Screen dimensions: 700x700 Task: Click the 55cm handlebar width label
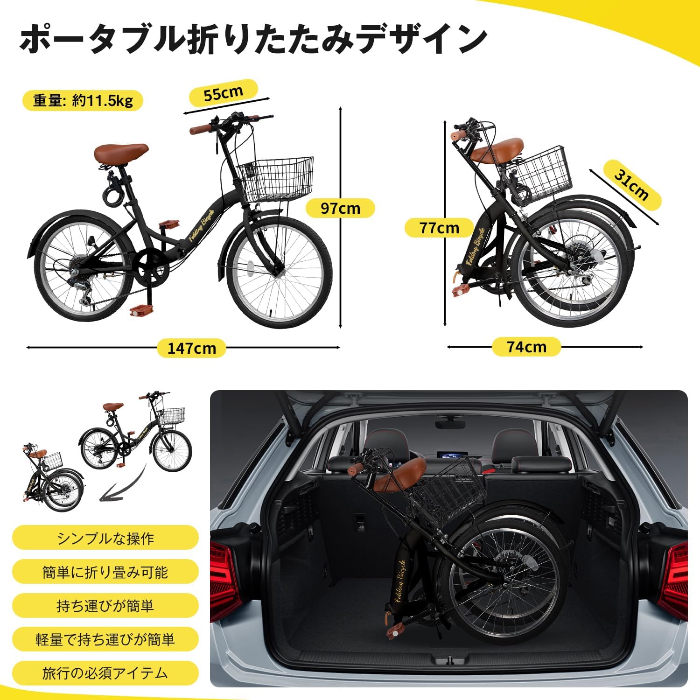pos(224,94)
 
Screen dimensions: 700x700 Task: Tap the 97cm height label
pos(340,208)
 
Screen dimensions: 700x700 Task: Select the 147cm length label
pos(191,348)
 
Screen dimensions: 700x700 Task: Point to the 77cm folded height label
pos(439,228)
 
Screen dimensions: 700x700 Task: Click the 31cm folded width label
pos(632,184)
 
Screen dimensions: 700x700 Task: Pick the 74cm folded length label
pos(526,347)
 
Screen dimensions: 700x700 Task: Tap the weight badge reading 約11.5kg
pos(83,100)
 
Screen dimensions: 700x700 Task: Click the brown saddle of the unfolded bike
pos(121,154)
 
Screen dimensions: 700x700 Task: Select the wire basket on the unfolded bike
pos(275,179)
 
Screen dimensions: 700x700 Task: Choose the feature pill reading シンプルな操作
pos(105,538)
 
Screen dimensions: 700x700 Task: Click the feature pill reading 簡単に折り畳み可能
pos(105,572)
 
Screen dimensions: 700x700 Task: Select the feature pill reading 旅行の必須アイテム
pos(105,673)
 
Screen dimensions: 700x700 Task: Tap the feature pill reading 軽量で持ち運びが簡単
pos(105,639)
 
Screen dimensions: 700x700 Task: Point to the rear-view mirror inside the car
pos(450,422)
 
